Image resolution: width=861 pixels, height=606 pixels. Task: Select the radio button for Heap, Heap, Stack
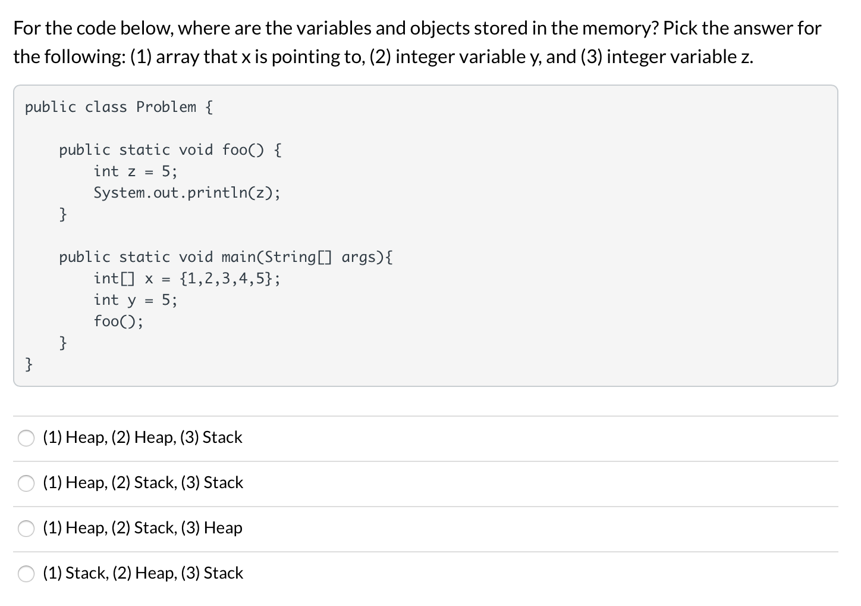(x=26, y=438)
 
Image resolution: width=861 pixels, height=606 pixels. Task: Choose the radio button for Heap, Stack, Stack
(x=26, y=483)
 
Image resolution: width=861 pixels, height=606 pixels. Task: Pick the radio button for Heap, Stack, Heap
(x=26, y=529)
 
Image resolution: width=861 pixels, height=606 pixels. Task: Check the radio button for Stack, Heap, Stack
(x=26, y=574)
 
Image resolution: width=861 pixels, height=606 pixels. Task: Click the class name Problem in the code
(x=166, y=107)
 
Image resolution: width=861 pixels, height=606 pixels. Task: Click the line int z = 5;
(x=135, y=171)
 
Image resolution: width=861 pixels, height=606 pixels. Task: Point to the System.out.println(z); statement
(x=187, y=193)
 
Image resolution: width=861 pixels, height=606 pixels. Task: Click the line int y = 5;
(x=135, y=300)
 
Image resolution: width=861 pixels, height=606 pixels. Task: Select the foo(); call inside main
(x=118, y=321)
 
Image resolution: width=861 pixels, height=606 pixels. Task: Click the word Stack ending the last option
(x=223, y=573)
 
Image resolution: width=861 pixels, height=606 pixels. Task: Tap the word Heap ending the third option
(x=223, y=527)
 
